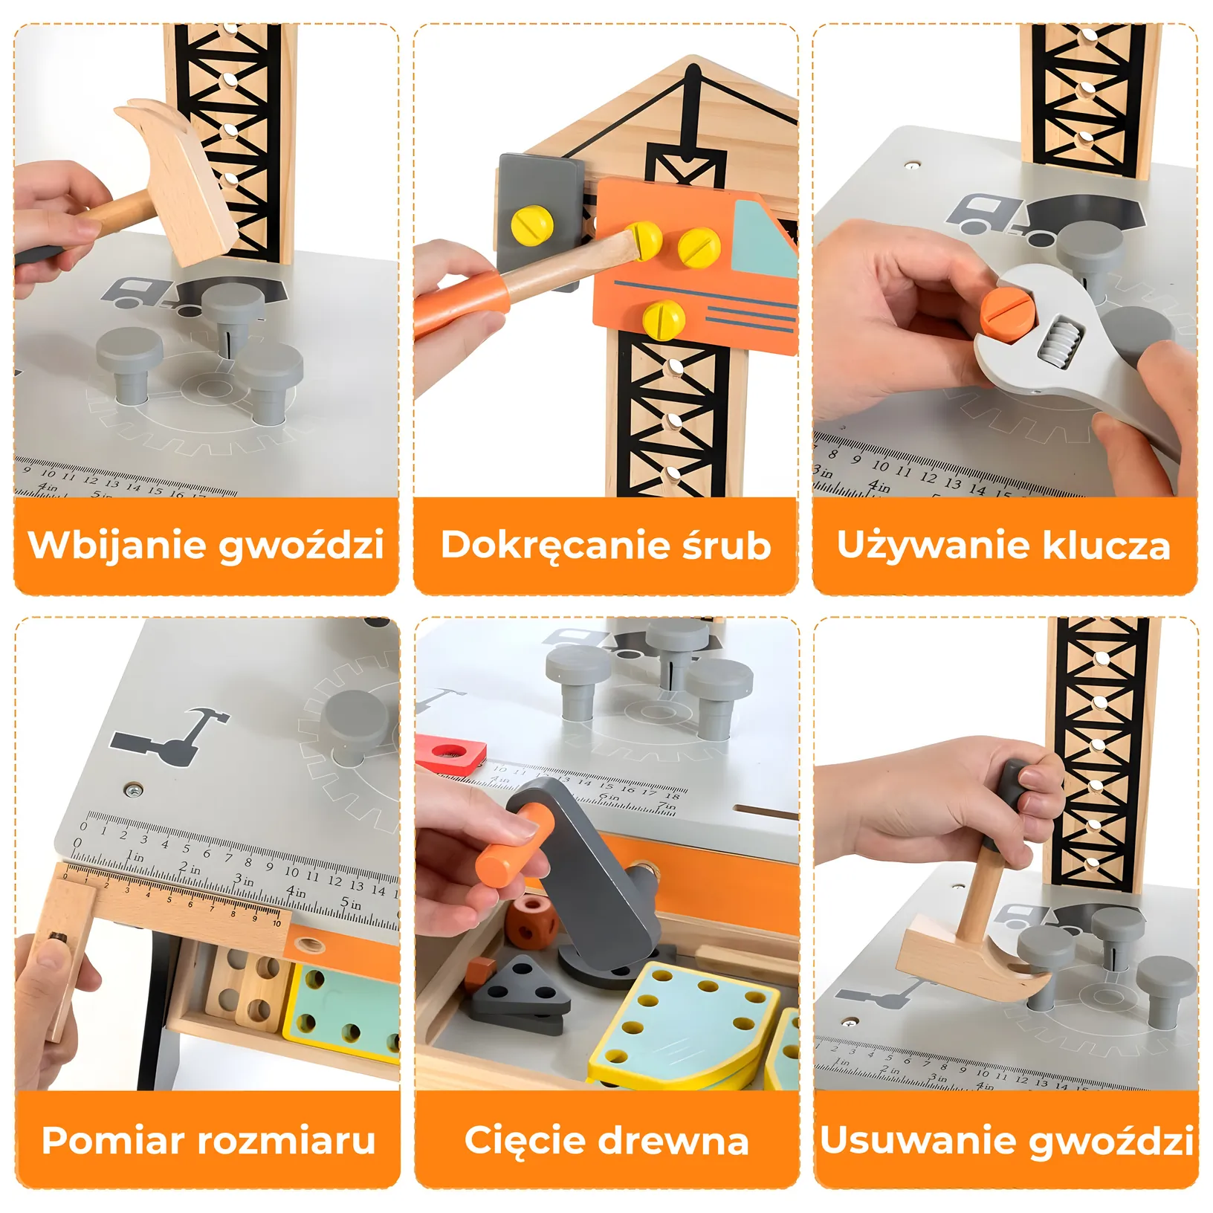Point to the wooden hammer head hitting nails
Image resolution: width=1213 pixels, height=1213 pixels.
click(x=177, y=183)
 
